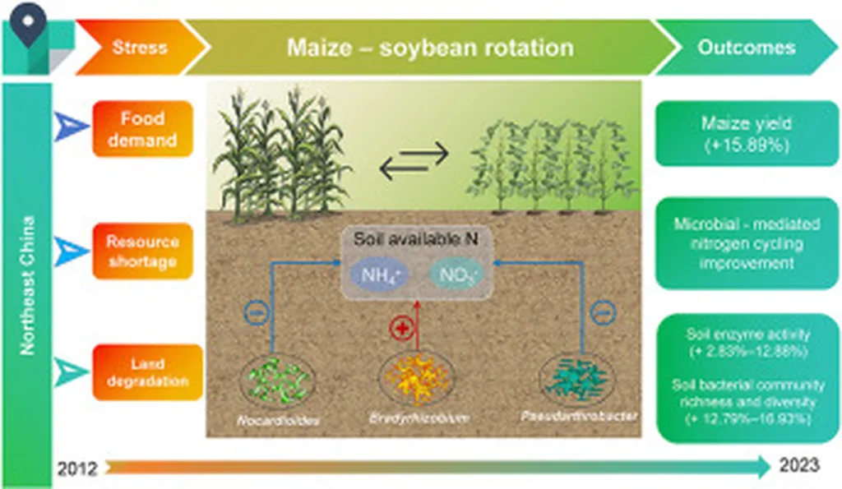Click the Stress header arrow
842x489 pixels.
[136, 47]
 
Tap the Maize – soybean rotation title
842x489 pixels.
[430, 47]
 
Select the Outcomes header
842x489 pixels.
[746, 47]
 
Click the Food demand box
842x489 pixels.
[143, 129]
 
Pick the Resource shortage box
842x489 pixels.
[142, 251]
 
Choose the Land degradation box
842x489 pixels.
[147, 372]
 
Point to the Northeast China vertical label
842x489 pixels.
[28, 284]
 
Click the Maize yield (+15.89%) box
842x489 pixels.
[747, 134]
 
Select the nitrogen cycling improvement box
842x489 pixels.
[747, 243]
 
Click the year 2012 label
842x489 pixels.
[77, 469]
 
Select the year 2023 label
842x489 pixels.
[798, 466]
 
